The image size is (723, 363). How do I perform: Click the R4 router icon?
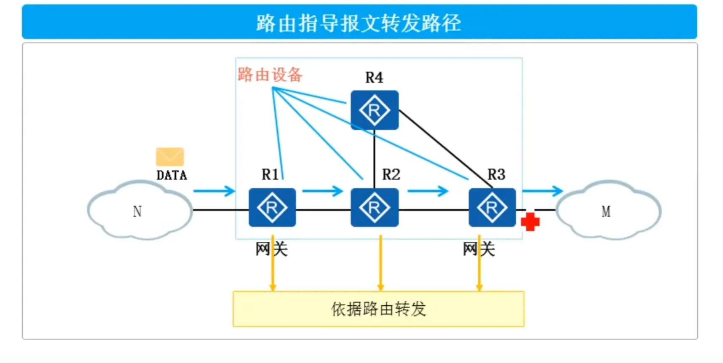click(374, 110)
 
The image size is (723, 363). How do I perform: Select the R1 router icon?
click(272, 208)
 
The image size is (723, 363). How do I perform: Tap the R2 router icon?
click(374, 208)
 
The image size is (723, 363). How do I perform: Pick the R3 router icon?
click(492, 208)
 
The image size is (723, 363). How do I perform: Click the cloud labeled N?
click(139, 211)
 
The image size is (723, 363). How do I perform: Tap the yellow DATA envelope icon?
click(170, 156)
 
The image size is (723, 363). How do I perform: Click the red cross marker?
click(530, 222)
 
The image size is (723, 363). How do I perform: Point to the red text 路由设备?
click(270, 75)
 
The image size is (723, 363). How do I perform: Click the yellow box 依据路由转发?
click(378, 309)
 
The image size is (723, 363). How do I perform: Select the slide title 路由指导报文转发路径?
click(359, 23)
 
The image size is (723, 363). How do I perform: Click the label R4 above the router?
click(374, 77)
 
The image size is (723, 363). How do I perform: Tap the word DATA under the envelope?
click(171, 175)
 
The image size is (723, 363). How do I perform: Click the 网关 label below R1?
click(271, 249)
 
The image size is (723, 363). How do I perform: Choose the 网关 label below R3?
click(478, 249)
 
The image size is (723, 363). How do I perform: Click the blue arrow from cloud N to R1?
click(214, 191)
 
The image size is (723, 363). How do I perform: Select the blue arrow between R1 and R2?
click(323, 191)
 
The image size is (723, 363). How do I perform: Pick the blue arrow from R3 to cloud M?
click(542, 191)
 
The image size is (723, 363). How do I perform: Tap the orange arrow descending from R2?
click(380, 263)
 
